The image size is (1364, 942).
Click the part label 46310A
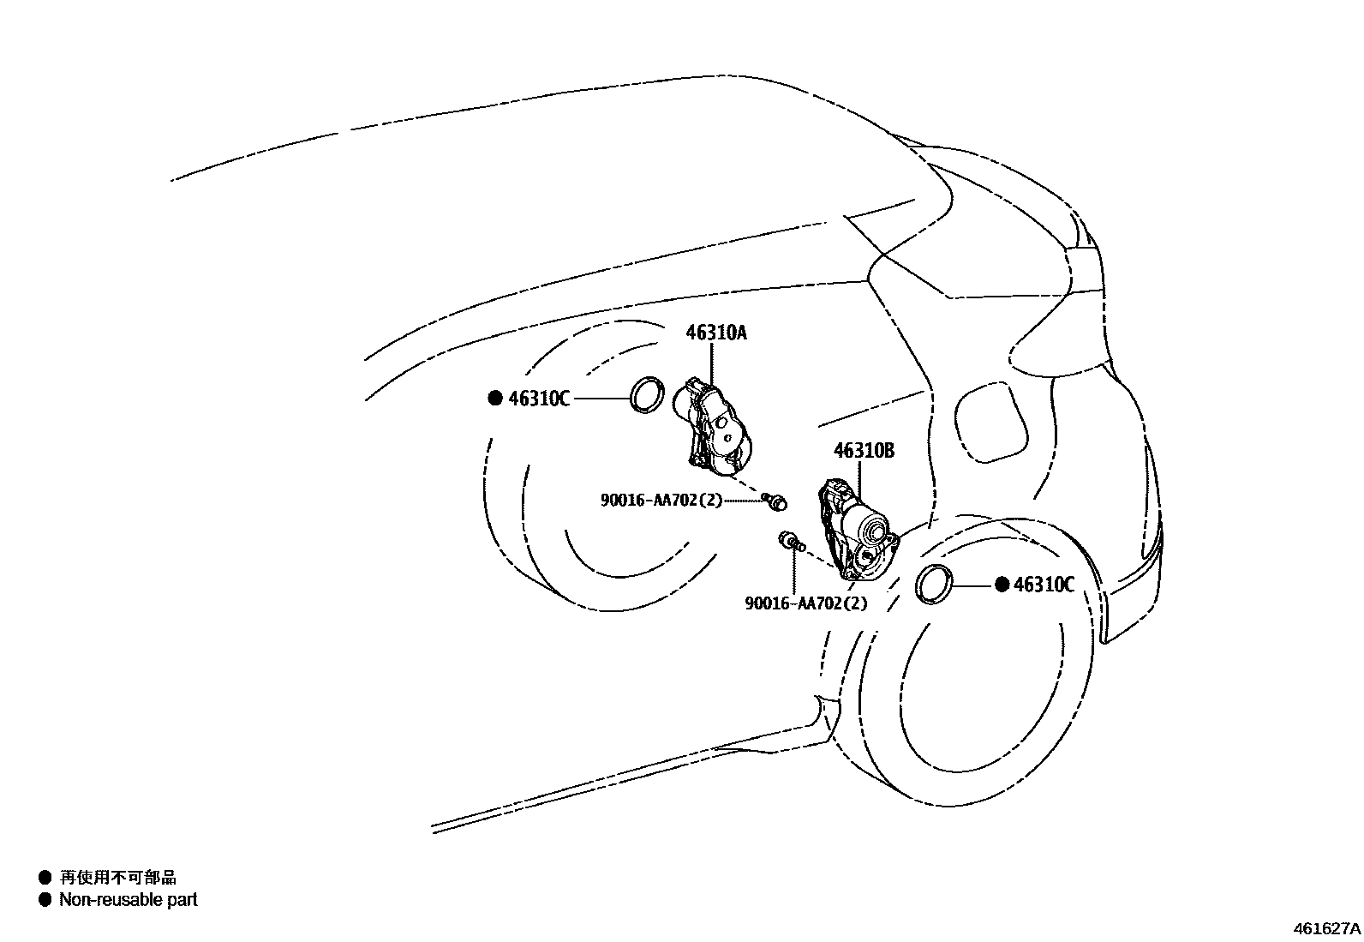tap(715, 333)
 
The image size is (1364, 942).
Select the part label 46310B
tap(864, 451)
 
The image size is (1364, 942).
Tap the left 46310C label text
tap(539, 399)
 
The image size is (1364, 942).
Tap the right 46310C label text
tap(1044, 585)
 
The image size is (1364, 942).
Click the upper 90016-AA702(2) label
tap(661, 501)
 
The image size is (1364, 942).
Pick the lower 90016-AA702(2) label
tap(805, 603)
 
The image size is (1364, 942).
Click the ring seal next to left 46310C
tap(648, 394)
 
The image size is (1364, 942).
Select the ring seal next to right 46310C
tap(934, 585)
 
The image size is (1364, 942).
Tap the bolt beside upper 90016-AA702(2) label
tap(776, 502)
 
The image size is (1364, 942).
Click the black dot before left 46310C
tap(494, 399)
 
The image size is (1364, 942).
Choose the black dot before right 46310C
tap(1002, 585)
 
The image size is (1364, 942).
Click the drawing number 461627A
tap(1326, 928)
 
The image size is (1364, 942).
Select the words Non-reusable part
tap(128, 900)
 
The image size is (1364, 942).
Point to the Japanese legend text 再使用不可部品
tap(117, 877)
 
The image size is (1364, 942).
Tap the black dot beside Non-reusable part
tap(45, 900)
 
